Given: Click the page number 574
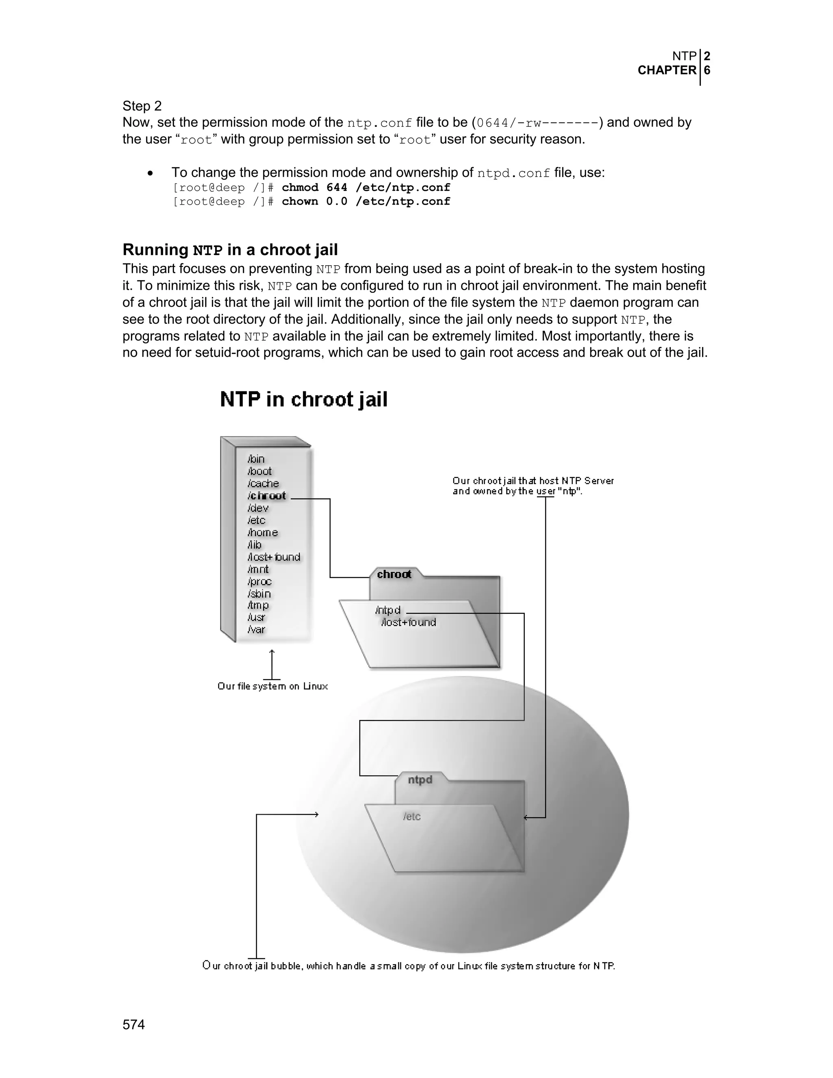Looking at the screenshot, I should [x=133, y=1024].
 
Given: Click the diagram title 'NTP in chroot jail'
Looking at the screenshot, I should [x=303, y=399].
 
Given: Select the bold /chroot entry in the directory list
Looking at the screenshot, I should [x=266, y=495].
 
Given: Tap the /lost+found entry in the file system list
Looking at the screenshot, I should [x=274, y=557].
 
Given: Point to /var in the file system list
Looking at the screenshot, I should [x=256, y=629].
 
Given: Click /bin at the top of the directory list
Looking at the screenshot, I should [x=256, y=459].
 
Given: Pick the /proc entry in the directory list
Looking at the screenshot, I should [x=259, y=581].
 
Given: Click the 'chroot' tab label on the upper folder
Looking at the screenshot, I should [x=394, y=574].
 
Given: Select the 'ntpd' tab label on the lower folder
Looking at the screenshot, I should [x=420, y=779].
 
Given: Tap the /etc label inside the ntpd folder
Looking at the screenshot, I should [x=412, y=816].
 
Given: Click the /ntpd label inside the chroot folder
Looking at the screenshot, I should [x=388, y=611].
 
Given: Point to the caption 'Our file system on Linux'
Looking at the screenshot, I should [x=273, y=686].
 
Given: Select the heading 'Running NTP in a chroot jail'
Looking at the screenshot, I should [x=230, y=250].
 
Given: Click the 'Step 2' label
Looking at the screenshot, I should [x=142, y=106].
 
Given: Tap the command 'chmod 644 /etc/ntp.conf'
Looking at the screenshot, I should [x=366, y=188].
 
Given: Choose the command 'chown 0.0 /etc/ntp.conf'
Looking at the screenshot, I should [x=366, y=201].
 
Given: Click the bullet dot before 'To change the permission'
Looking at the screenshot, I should [x=150, y=173].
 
